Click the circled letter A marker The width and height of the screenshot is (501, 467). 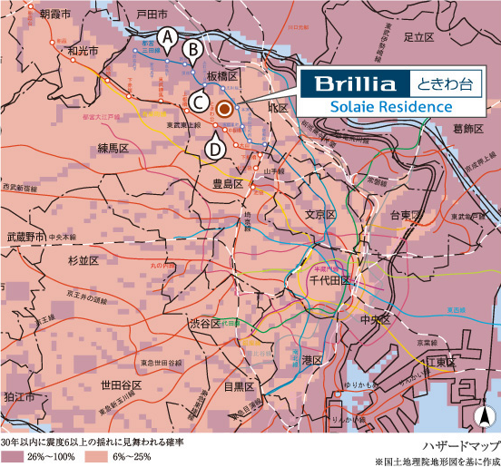point(166,37)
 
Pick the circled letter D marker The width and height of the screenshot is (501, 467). point(215,148)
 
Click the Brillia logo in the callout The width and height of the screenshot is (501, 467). point(355,84)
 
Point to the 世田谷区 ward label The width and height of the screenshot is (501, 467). point(121,385)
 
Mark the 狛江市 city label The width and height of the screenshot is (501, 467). point(18,397)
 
